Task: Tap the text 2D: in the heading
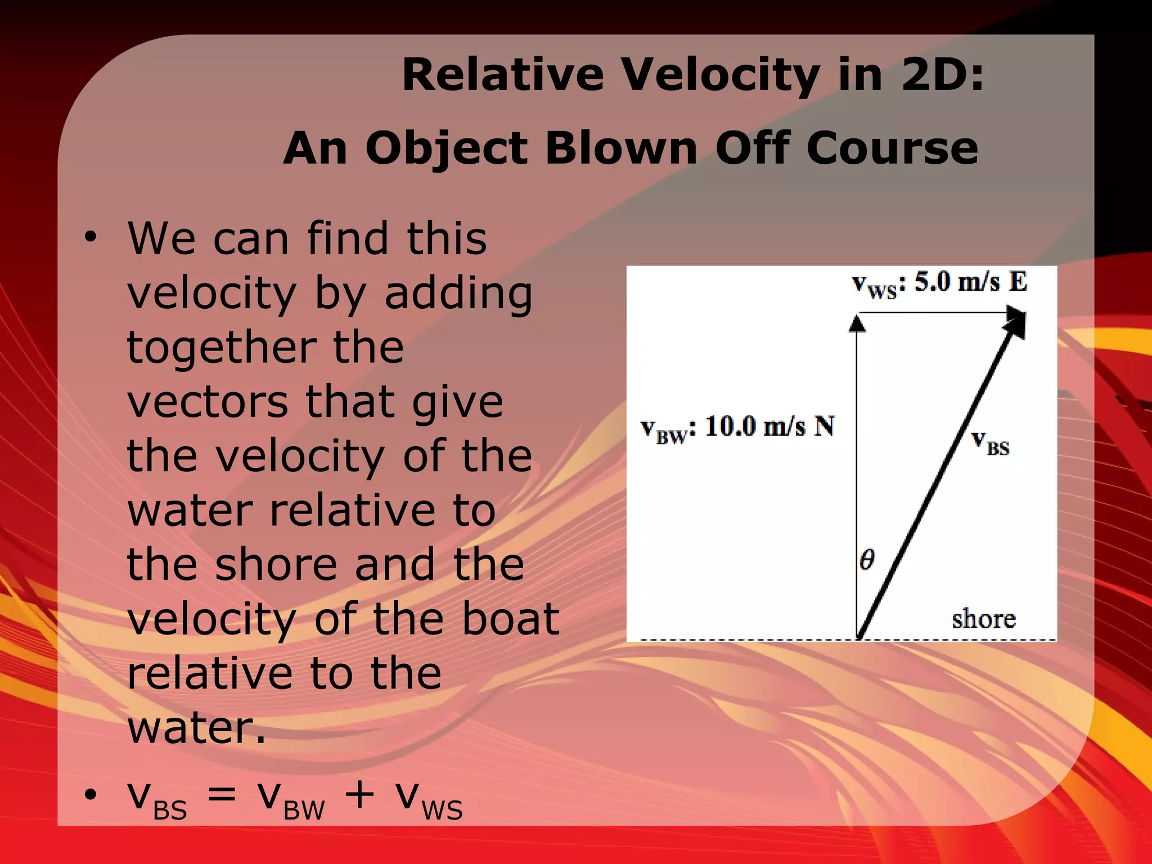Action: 943,75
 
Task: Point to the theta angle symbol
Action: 867,560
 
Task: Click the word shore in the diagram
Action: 983,619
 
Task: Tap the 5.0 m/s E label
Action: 970,281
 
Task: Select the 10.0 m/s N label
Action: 769,426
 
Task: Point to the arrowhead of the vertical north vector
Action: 857,324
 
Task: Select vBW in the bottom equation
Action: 290,799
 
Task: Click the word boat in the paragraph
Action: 511,618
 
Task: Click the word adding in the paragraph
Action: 458,294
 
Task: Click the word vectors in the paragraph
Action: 208,402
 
